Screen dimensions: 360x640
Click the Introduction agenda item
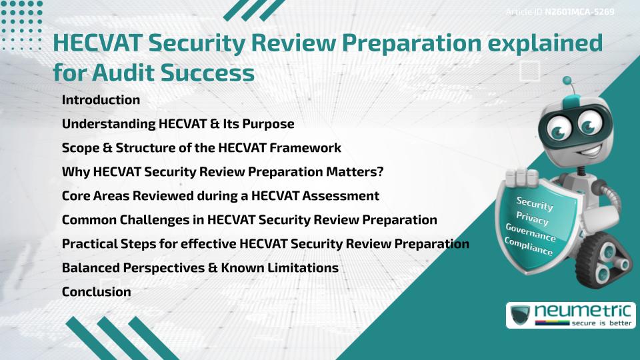[101, 100]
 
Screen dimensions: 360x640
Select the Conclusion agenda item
[96, 291]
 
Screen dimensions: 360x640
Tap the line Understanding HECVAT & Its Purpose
[178, 124]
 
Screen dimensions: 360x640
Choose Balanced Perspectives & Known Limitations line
[200, 267]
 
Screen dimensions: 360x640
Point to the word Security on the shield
[535, 204]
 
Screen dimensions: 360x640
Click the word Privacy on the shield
[533, 218]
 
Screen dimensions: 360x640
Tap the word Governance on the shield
[531, 233]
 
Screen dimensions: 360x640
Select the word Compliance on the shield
[529, 247]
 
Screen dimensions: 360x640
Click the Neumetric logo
[569, 315]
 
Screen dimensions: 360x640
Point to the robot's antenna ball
[568, 82]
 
